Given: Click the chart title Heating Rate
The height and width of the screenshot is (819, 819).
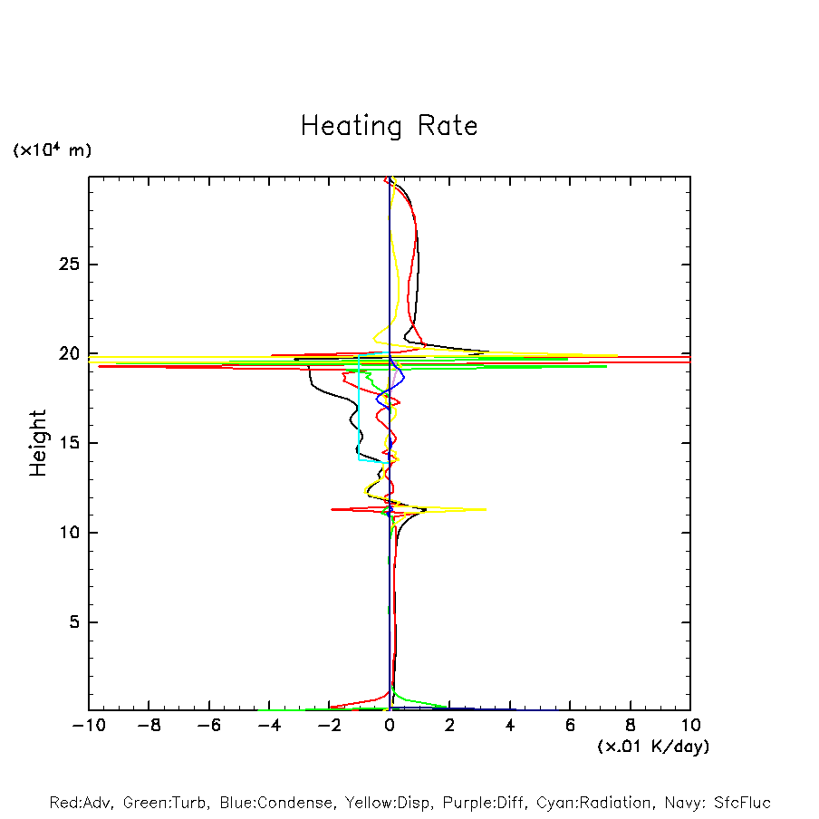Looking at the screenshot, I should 389,126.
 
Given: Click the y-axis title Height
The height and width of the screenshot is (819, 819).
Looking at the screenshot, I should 38,443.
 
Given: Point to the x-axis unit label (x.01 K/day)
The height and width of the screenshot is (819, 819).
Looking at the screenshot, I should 652,747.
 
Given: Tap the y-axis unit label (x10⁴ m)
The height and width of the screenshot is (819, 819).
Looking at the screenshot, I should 53,150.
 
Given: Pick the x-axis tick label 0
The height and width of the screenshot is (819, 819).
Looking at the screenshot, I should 390,727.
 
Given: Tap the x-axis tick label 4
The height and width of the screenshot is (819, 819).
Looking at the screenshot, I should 510,727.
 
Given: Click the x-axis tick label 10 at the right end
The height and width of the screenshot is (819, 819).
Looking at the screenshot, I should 689,727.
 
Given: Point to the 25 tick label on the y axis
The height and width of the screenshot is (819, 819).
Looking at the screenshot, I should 64,265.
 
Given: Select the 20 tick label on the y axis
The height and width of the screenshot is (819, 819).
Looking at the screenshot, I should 64,353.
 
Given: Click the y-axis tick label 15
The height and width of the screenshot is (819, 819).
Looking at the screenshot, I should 64,443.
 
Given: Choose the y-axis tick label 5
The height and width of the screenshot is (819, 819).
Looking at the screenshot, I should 70,622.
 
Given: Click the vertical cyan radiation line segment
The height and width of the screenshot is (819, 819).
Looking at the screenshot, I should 359,408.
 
